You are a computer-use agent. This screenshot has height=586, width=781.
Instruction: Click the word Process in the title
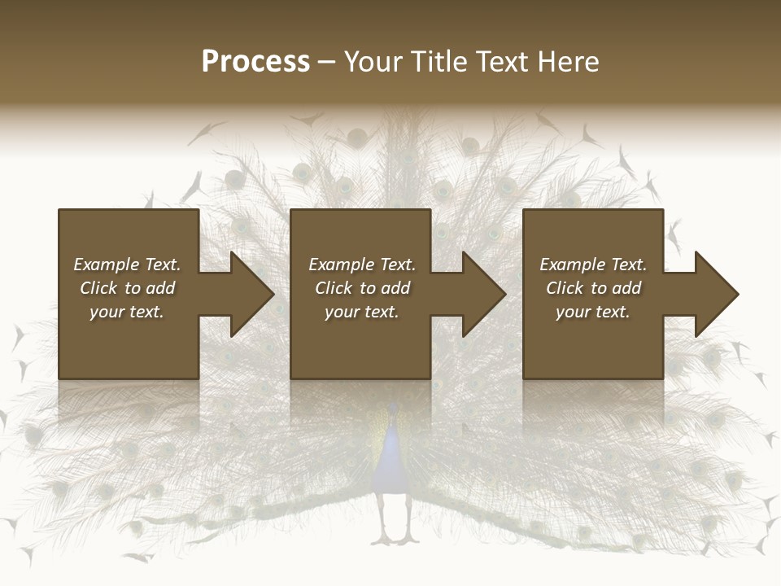pyautogui.click(x=255, y=62)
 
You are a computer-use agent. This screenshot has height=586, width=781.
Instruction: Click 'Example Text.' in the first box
pyautogui.click(x=127, y=265)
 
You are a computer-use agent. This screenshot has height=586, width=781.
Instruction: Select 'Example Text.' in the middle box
pyautogui.click(x=362, y=265)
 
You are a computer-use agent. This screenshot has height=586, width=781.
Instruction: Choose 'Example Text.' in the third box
pyautogui.click(x=593, y=265)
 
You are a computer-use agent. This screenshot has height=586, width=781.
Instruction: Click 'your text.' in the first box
pyautogui.click(x=127, y=312)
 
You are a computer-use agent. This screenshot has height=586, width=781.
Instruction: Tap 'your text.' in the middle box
pyautogui.click(x=362, y=312)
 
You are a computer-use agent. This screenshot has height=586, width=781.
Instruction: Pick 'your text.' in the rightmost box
pyautogui.click(x=593, y=312)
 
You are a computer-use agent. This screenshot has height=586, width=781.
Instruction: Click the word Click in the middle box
pyautogui.click(x=334, y=288)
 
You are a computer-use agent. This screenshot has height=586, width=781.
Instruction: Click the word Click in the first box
pyautogui.click(x=99, y=288)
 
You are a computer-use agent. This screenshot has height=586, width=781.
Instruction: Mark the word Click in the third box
pyautogui.click(x=565, y=288)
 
